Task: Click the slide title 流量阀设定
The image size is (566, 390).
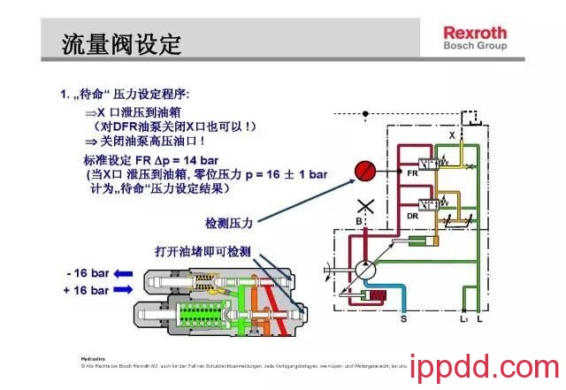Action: (x=121, y=42)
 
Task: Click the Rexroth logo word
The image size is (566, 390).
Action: (x=475, y=33)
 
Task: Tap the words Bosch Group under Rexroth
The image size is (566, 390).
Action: (x=475, y=46)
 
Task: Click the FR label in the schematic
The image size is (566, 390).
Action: (x=411, y=173)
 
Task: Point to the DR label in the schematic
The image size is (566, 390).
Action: (x=412, y=216)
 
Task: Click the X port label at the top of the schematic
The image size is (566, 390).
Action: (x=452, y=135)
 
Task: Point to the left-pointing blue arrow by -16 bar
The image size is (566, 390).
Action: (x=124, y=273)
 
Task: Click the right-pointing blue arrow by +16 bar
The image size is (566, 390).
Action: (x=124, y=289)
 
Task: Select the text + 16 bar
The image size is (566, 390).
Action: (x=86, y=290)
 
